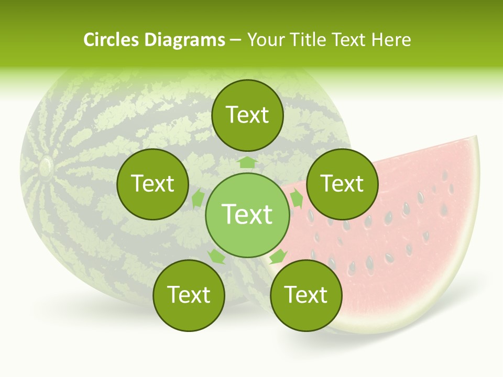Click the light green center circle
tap(247, 215)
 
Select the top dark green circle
tap(247, 115)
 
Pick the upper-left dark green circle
tap(152, 184)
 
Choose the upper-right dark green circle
tap(342, 184)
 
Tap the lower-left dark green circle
tap(189, 295)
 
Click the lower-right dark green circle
tap(306, 295)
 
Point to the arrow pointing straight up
tap(247, 162)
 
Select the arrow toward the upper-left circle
tap(198, 198)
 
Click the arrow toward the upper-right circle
tap(297, 198)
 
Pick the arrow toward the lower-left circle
tap(216, 257)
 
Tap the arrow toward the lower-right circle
tap(278, 257)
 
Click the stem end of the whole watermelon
tap(46, 167)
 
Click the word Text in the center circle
tap(247, 215)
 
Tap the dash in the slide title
tap(235, 40)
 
